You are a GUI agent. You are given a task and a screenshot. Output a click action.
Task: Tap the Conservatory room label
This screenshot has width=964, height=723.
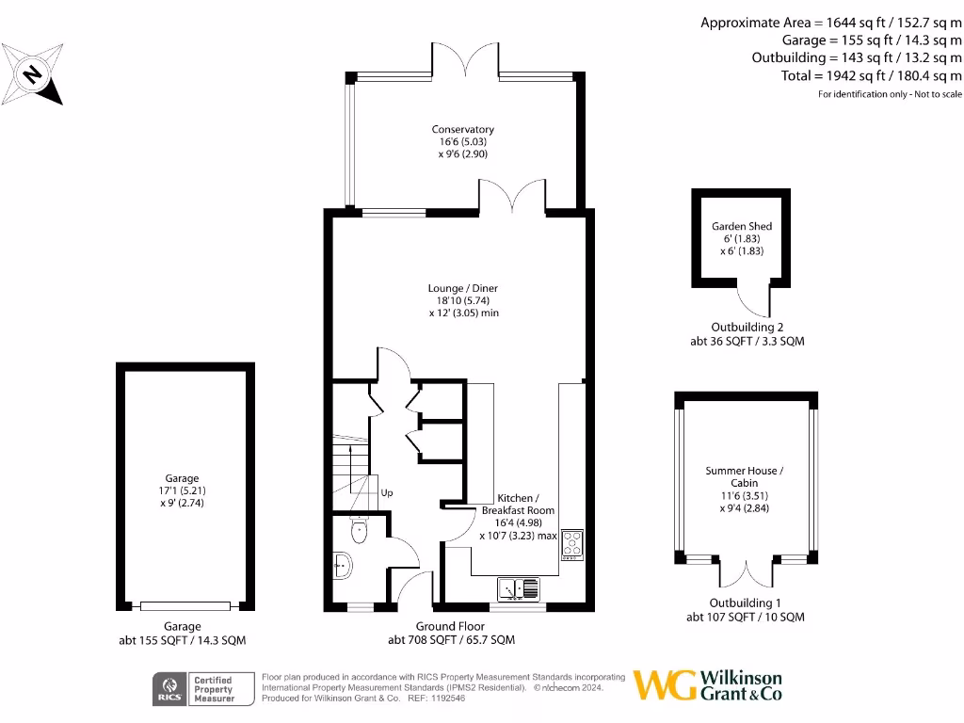click(x=462, y=129)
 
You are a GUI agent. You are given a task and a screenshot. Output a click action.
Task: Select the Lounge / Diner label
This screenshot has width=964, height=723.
click(x=462, y=288)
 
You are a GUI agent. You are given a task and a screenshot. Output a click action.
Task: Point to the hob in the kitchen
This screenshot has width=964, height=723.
click(x=571, y=543)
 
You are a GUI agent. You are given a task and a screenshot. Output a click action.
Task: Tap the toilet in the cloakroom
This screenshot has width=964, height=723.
click(x=358, y=532)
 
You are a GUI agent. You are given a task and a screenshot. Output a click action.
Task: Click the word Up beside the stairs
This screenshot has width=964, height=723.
click(x=386, y=492)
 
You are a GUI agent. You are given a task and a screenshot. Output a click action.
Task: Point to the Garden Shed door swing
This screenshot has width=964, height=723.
click(x=753, y=300)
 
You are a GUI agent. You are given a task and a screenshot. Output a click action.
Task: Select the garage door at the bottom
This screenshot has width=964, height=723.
click(x=184, y=605)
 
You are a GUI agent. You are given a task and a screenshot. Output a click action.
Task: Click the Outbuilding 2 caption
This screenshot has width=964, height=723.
click(x=747, y=328)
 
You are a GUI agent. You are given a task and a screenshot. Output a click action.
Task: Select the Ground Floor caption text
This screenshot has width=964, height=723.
click(x=450, y=626)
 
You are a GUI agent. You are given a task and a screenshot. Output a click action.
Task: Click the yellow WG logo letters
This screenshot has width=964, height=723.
click(x=665, y=684)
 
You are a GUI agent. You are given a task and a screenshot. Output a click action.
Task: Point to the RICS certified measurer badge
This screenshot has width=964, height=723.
click(x=204, y=689)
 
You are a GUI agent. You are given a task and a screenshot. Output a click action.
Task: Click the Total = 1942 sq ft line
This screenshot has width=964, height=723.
click(x=871, y=75)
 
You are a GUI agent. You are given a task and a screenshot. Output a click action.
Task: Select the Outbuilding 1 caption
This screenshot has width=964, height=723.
click(x=746, y=603)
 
